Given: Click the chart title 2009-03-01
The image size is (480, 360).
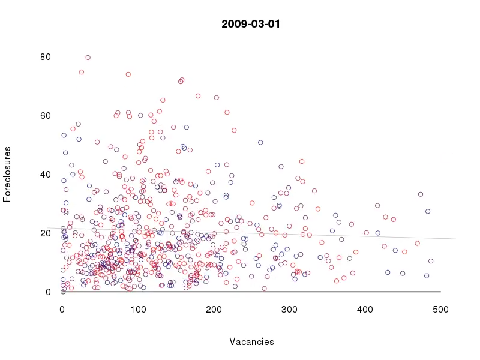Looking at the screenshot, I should point(251,25).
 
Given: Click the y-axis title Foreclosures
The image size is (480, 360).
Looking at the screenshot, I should point(8,174).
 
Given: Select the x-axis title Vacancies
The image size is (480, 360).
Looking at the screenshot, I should point(251,342).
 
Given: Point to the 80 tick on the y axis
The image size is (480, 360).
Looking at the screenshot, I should point(46,58).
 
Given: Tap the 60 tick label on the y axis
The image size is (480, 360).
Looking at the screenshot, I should point(46,116).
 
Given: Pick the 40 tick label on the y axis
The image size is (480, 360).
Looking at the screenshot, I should point(46,175).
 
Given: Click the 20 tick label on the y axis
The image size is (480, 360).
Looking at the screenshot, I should point(46,233).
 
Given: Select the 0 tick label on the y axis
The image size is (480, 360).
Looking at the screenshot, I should point(48,292).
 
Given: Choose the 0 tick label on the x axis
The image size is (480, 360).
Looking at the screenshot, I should point(62,309).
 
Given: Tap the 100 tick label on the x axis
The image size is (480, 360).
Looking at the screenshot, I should point(138,309).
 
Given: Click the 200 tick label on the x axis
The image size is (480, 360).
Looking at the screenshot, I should point(214,309).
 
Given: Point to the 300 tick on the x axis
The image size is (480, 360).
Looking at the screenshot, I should point(289,309).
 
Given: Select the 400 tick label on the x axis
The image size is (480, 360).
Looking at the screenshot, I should point(365,309).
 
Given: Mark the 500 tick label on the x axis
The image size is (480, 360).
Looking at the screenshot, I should point(440,309).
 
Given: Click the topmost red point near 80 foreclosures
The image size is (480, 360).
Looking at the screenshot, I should point(88,58).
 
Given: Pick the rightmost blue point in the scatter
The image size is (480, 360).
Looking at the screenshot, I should point(431,261).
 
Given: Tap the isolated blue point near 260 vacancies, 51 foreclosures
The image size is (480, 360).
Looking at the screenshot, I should point(260,142).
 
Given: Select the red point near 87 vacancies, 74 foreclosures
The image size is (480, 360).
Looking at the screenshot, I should point(128,74).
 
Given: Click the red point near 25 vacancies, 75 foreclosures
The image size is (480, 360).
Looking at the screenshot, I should point(82,72).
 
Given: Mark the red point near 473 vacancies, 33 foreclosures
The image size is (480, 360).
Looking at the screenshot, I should point(421,194).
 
